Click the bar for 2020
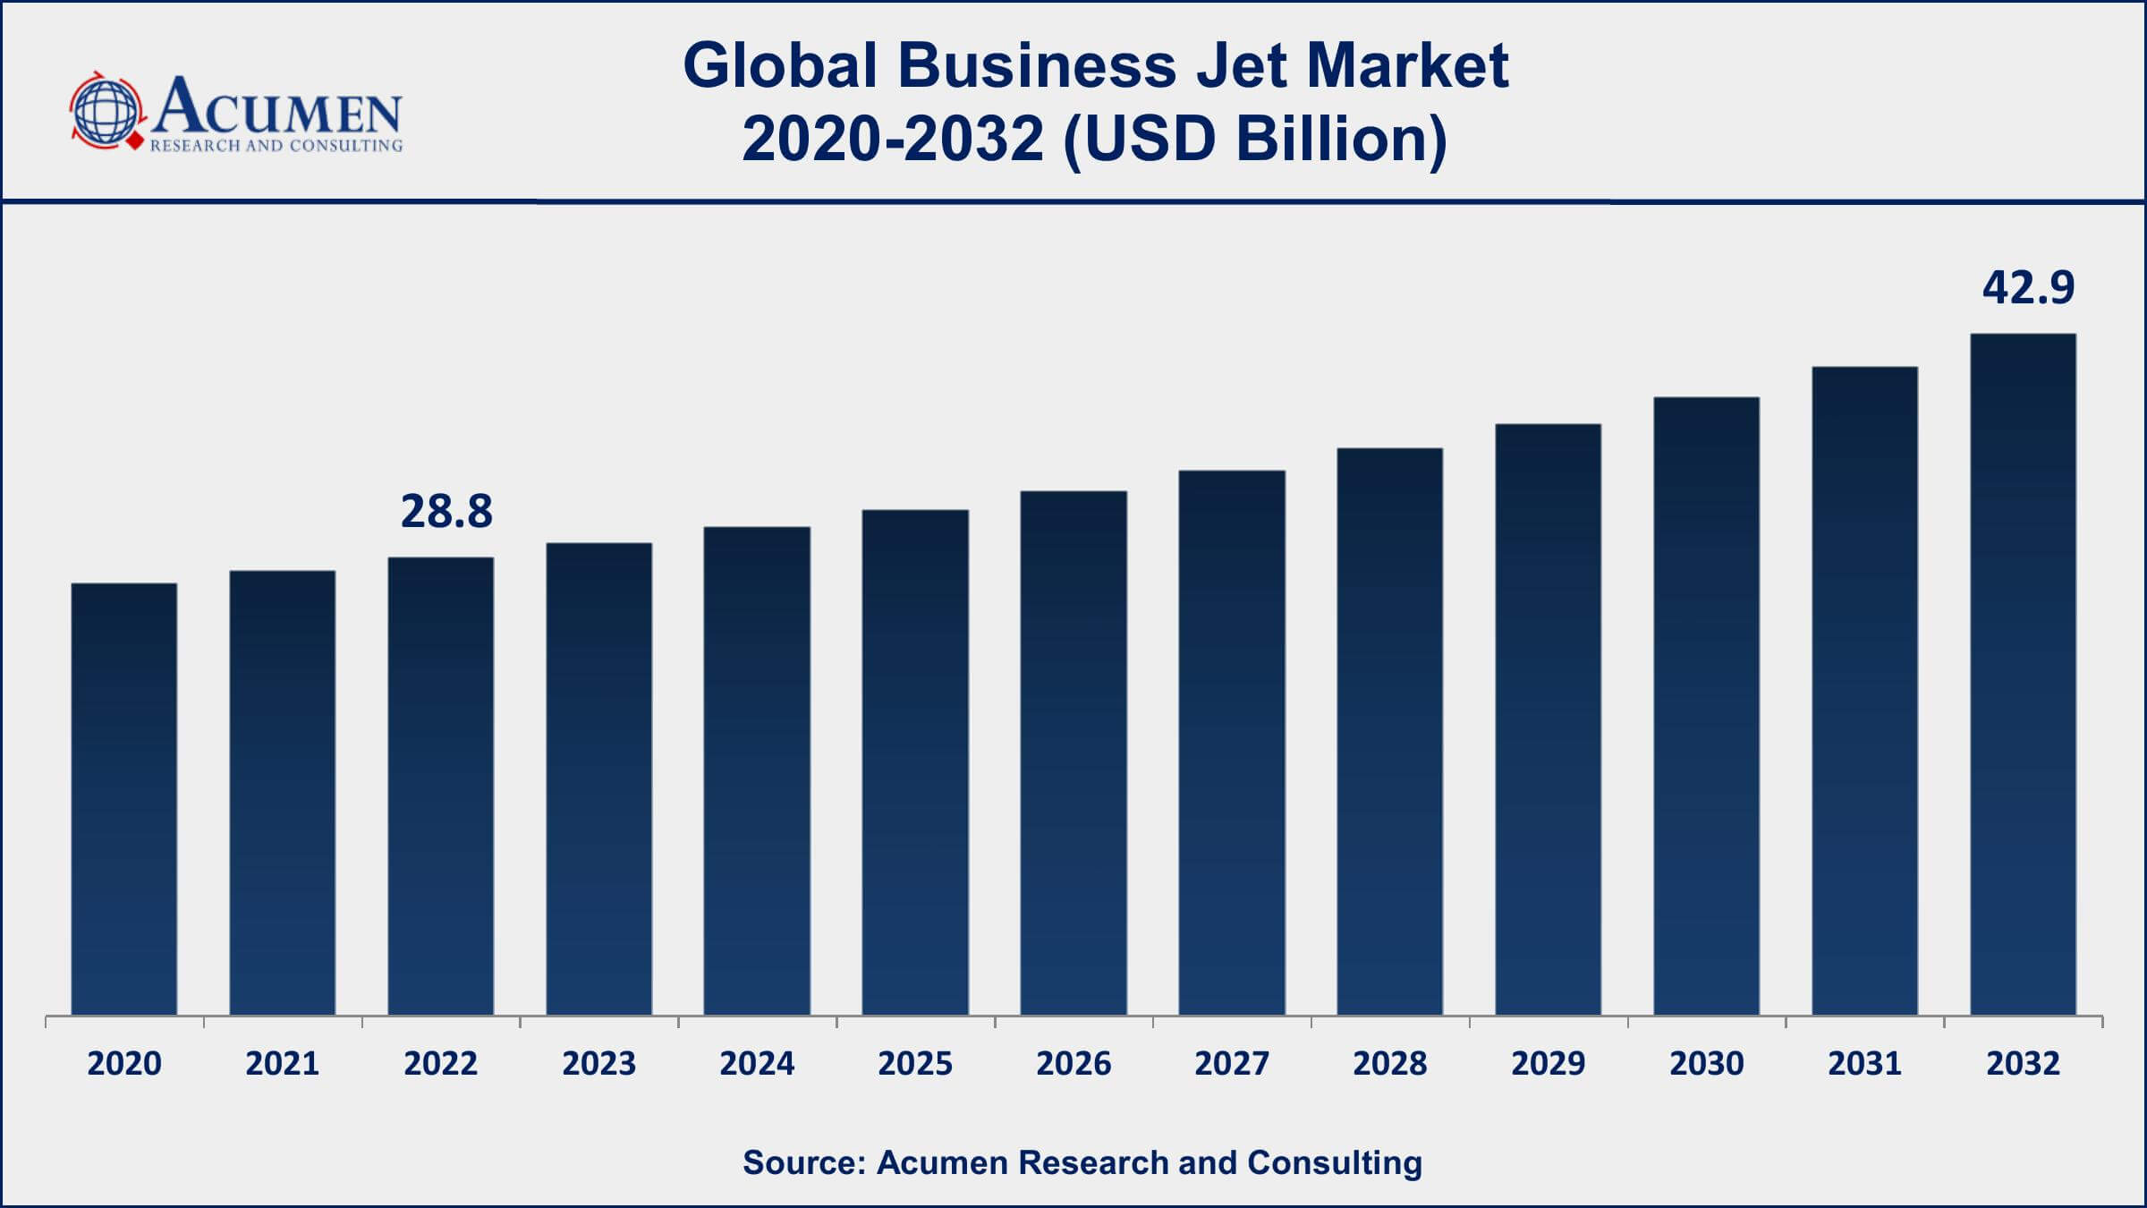124,798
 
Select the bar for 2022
440,786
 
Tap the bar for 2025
915,761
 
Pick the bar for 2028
1389,731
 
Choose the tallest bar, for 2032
2023,674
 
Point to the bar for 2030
1706,705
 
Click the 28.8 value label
446,512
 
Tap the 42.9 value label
2028,288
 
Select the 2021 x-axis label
283,1064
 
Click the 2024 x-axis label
757,1064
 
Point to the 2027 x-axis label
1232,1064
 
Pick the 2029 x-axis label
1548,1064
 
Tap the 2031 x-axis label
1864,1064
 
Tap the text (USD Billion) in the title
1255,140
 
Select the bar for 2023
598,778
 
